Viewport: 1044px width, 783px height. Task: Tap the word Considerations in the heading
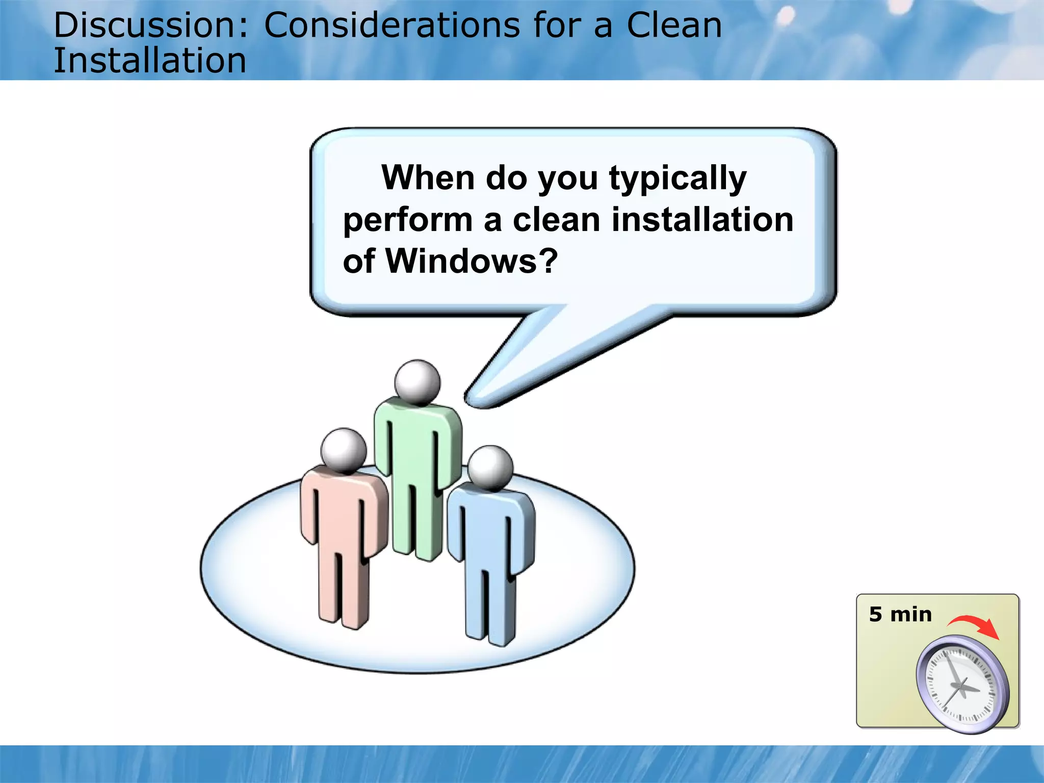click(x=391, y=25)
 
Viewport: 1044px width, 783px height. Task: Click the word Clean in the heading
click(x=674, y=25)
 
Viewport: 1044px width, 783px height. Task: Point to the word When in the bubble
click(x=428, y=178)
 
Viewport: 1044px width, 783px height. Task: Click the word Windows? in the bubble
click(x=472, y=261)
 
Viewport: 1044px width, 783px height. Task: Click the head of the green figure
click(x=417, y=382)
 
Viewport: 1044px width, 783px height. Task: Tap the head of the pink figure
click(x=343, y=451)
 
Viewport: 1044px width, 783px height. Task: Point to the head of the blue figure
click(x=490, y=468)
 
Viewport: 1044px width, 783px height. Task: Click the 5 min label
click(x=900, y=615)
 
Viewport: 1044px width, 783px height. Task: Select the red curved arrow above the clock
click(x=975, y=626)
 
